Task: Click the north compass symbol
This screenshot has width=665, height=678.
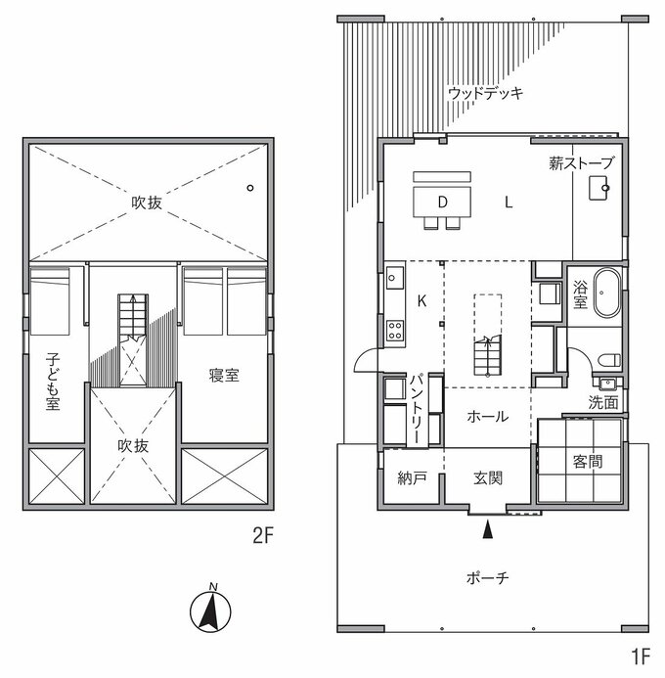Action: [x=210, y=610]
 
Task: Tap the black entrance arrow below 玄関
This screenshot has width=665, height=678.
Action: [x=487, y=529]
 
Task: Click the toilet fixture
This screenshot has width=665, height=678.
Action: [x=609, y=360]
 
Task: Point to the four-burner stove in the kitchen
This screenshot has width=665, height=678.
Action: [x=395, y=331]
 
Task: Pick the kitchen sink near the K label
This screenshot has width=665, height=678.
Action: [x=395, y=278]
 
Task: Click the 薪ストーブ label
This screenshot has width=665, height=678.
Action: [x=581, y=163]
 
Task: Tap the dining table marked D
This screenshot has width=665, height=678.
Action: [x=442, y=202]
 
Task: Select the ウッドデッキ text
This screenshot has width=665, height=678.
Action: [x=485, y=93]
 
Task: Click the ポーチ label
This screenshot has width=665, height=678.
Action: [x=487, y=577]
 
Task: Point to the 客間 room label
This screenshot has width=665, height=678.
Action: [x=587, y=462]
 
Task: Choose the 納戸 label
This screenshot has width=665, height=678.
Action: [x=413, y=478]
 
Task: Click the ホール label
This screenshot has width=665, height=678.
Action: [x=487, y=417]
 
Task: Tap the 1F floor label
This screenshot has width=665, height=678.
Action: [x=641, y=657]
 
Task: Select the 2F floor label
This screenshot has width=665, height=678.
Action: [x=263, y=536]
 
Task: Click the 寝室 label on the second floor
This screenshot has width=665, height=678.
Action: [x=224, y=375]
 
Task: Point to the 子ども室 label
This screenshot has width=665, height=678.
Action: [x=53, y=382]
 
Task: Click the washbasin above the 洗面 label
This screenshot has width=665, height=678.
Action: [x=607, y=384]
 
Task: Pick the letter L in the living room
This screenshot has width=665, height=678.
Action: [x=509, y=202]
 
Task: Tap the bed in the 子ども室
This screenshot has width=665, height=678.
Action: [x=50, y=301]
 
